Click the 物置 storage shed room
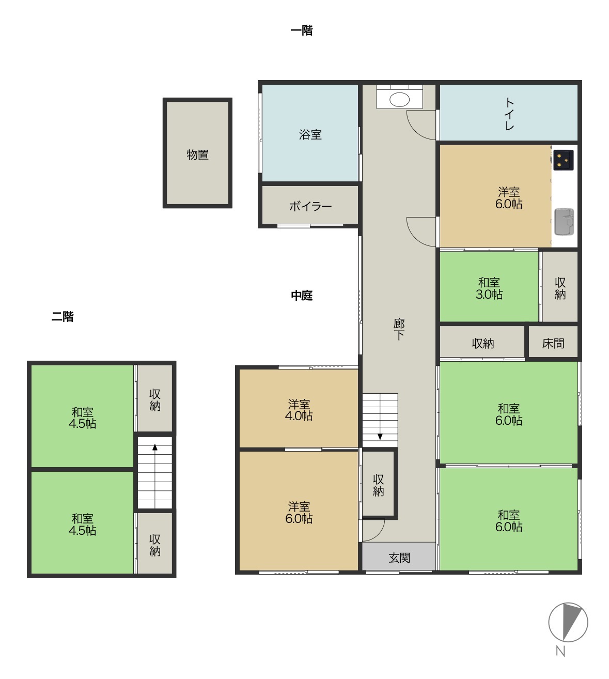(197, 153)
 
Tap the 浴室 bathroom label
(310, 135)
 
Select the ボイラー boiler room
(310, 205)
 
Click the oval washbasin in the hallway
(399, 100)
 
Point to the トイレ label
(509, 114)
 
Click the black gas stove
(563, 160)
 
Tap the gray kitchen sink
(564, 222)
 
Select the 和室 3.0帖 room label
(489, 288)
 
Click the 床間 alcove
(553, 342)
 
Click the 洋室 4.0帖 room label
(299, 410)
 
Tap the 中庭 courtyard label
(302, 295)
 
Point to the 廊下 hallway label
(399, 329)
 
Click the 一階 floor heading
(302, 30)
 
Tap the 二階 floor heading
(63, 316)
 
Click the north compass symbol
(568, 622)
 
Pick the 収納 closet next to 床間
(482, 342)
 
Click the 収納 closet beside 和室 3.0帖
(560, 287)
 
